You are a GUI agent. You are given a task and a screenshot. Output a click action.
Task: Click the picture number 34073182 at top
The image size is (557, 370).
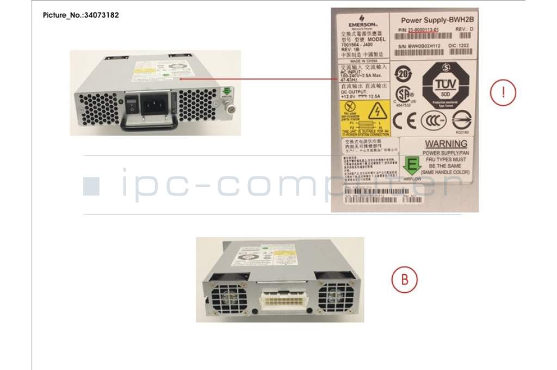[81, 15]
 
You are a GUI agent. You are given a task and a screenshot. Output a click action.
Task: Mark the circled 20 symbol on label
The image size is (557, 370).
[401, 72]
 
